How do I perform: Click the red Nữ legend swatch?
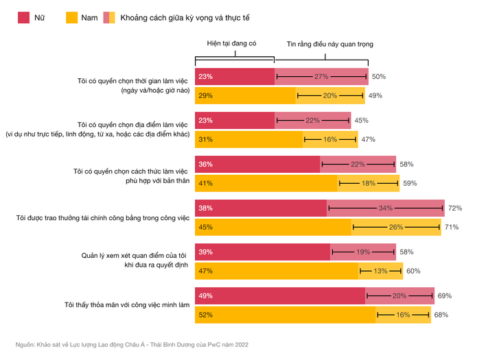coord(23,17)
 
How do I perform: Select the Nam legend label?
coord(89,17)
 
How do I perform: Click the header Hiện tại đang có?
coord(232,43)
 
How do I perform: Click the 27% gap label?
coord(321,77)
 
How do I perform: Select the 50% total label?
coord(379,77)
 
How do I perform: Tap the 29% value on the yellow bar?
coord(205,96)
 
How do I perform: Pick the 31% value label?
coord(205,140)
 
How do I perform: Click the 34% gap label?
coord(386,208)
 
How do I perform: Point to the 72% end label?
coord(455,208)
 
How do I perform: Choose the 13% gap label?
coord(381,272)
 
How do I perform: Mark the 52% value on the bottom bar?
coord(205,315)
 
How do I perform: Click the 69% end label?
coord(444,296)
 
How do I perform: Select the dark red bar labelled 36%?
coord(258,165)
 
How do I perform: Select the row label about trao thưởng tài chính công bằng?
coord(102,218)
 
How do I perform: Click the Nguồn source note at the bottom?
coord(131,344)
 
